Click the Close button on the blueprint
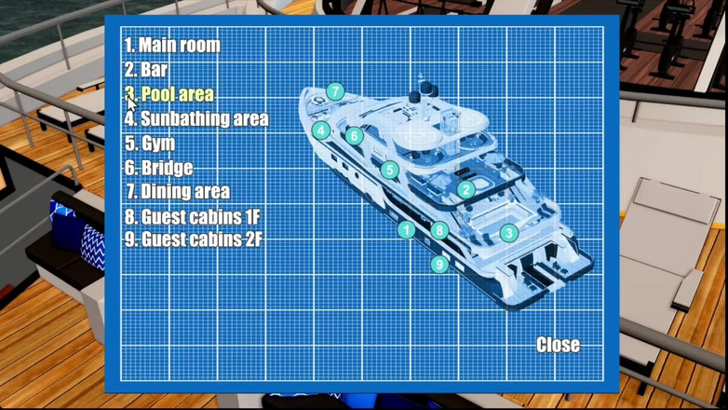(558, 345)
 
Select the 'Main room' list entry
(172, 45)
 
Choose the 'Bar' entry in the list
(146, 70)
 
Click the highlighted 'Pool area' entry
(169, 94)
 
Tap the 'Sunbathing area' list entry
(196, 118)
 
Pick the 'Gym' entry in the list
(150, 143)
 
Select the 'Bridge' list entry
(158, 168)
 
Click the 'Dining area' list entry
(178, 192)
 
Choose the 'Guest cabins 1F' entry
(192, 216)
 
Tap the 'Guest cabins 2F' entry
(193, 239)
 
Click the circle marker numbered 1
(406, 229)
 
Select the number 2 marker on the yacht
(465, 189)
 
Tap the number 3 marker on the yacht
(509, 233)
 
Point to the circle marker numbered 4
(321, 130)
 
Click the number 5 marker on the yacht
(389, 170)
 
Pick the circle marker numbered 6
(355, 136)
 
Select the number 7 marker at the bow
(335, 91)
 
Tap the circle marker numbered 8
(439, 230)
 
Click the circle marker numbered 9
(439, 265)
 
